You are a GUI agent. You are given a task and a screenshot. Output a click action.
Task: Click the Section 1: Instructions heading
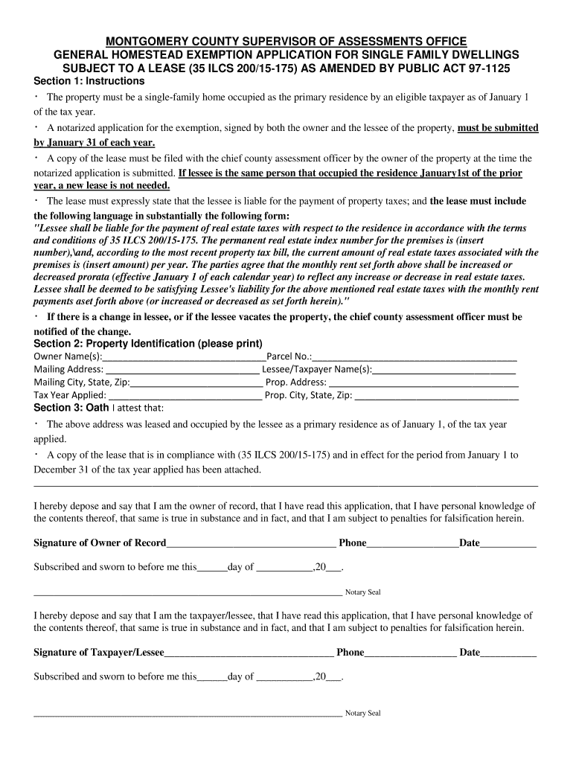(89, 80)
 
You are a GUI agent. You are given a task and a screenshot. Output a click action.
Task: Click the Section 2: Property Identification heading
(148, 343)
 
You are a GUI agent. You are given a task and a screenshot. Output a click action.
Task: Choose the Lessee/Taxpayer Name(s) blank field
(444, 369)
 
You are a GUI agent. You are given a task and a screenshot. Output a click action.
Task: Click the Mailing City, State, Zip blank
(197, 382)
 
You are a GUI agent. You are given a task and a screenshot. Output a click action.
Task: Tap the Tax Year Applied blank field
(185, 395)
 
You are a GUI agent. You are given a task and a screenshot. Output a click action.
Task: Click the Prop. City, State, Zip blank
(437, 395)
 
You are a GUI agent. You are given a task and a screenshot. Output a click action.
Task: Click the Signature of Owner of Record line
(252, 543)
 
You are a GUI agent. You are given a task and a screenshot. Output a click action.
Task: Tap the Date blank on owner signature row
(508, 543)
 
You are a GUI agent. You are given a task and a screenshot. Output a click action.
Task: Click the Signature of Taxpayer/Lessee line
(249, 653)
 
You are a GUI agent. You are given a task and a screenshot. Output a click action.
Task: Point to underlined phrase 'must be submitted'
(497, 128)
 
